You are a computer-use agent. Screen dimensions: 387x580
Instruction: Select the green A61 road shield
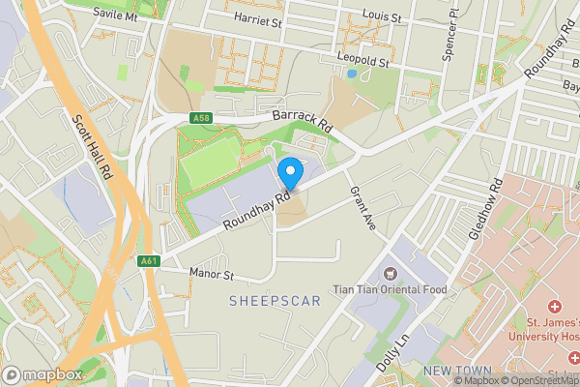[x=149, y=260]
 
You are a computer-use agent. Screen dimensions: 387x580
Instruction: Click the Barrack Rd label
[x=302, y=120]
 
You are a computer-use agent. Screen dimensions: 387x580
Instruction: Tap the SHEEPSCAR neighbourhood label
[x=275, y=301]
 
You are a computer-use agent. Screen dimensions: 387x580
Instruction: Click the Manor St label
[x=213, y=275]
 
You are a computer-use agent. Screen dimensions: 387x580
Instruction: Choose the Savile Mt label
[x=116, y=16]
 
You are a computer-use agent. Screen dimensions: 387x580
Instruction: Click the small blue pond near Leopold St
[x=351, y=74]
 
